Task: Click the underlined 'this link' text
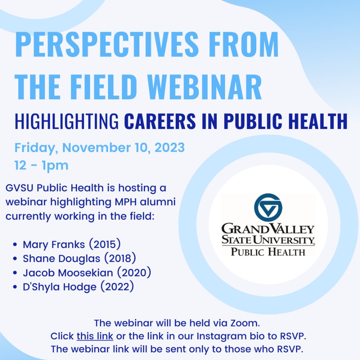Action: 95,336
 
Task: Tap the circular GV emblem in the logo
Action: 268,208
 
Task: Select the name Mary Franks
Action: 54,244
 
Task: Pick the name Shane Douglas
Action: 62,258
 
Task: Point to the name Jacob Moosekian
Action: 68,273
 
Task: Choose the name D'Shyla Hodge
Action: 60,287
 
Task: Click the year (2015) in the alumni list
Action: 105,244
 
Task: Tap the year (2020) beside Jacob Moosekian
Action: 134,273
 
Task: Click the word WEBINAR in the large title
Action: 204,87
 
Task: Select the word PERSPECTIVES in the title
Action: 107,44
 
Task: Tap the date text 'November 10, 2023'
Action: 123,147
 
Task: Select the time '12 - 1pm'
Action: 41,166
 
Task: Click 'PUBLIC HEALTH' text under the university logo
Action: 268,252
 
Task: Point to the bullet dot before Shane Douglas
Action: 15,259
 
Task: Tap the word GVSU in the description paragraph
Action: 19,188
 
